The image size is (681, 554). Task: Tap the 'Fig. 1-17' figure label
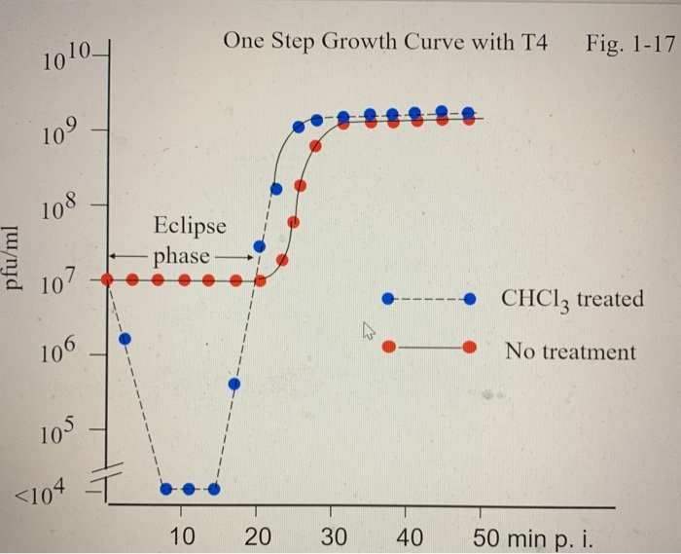[629, 42]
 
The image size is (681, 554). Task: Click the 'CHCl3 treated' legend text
[572, 299]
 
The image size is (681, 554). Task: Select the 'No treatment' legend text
[570, 351]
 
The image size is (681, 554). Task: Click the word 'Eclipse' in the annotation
[190, 226]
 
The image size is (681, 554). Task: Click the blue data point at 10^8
[276, 189]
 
